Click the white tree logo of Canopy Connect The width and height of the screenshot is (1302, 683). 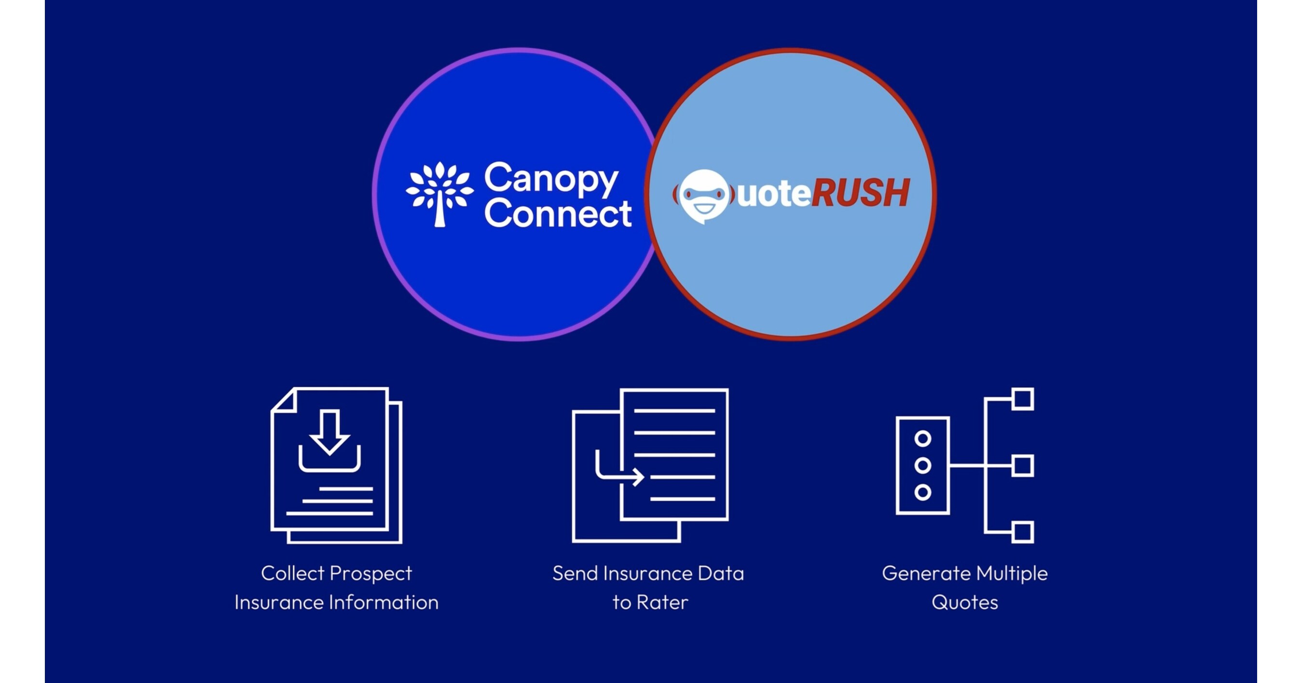(x=439, y=194)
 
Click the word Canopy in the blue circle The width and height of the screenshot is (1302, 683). (x=551, y=179)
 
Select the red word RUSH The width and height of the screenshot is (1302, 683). (x=860, y=193)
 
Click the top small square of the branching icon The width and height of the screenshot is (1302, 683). (x=1023, y=398)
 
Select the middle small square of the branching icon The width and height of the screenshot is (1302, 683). (x=1023, y=466)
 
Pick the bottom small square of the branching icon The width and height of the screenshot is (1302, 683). (x=1023, y=532)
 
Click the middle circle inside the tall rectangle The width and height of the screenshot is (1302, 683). (x=922, y=466)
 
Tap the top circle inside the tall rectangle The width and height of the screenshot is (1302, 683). (x=922, y=439)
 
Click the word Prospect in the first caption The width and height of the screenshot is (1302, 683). (x=370, y=574)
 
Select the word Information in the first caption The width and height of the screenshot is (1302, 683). (x=384, y=602)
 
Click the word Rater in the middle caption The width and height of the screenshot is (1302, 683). (x=662, y=602)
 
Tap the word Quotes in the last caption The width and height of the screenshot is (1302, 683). (x=964, y=602)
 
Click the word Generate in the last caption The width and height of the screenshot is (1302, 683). (x=926, y=574)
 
